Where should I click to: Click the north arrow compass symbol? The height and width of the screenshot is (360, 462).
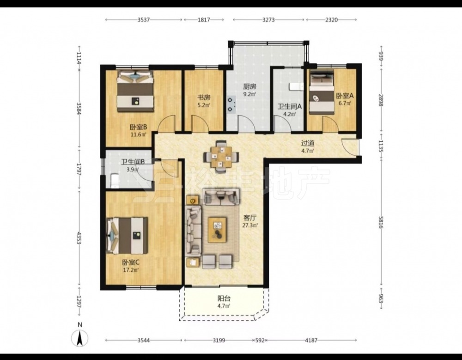(x=80, y=338)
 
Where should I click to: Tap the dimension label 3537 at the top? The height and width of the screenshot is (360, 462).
(x=144, y=20)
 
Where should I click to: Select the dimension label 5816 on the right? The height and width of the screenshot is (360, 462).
(x=381, y=222)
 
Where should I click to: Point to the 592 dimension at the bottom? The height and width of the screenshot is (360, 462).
(x=260, y=340)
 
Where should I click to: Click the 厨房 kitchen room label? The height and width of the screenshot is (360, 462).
(x=249, y=87)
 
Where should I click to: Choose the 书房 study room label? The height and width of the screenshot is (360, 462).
(x=204, y=98)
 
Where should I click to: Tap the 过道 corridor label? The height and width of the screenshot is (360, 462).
(x=307, y=143)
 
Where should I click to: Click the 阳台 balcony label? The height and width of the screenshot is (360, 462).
(x=224, y=299)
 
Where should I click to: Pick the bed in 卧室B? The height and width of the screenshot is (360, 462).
(x=135, y=91)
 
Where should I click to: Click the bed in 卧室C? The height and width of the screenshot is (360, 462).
(x=127, y=236)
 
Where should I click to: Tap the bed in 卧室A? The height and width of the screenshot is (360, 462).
(x=322, y=92)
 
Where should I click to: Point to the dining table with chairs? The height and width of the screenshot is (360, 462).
(x=222, y=156)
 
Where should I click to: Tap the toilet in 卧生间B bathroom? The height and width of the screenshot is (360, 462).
(x=115, y=180)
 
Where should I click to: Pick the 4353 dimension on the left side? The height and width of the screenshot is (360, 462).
(x=79, y=238)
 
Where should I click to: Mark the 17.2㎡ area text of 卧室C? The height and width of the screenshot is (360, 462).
(x=131, y=269)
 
